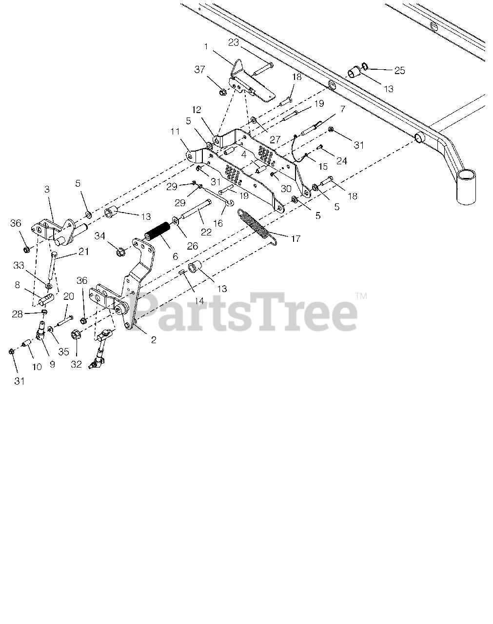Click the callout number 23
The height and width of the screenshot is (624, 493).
coord(234,42)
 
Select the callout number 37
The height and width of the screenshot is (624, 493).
coord(199,70)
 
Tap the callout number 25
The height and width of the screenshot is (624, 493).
coord(399,71)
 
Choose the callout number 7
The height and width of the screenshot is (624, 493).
coord(342,109)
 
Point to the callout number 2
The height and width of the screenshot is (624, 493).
coord(154,340)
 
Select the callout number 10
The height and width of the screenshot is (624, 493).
coord(37,367)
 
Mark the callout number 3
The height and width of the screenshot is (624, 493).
coord(47,202)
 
